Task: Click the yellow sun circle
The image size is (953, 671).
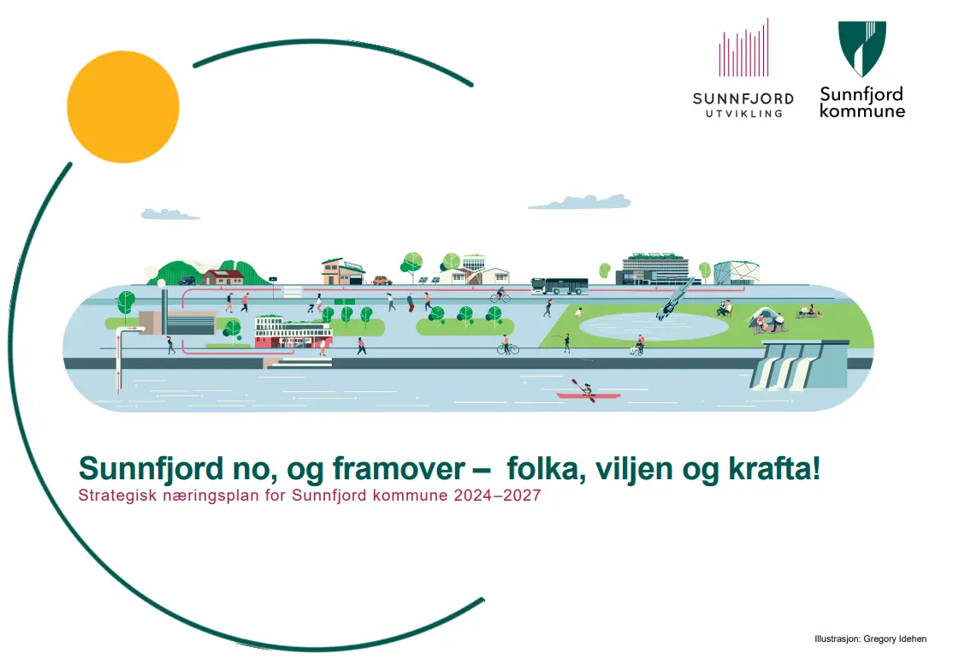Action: coord(123,107)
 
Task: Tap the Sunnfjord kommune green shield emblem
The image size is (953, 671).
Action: coord(861,49)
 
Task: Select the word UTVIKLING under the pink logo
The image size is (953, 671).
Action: coord(743,113)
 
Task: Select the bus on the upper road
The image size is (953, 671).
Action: coord(559,286)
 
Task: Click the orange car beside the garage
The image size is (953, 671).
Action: coord(382,279)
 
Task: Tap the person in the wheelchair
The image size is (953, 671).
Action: coord(637,346)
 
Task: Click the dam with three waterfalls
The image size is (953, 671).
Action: coord(800,364)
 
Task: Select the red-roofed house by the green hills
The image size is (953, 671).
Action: coord(224,276)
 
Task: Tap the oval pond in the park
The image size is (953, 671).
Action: coord(654,326)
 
